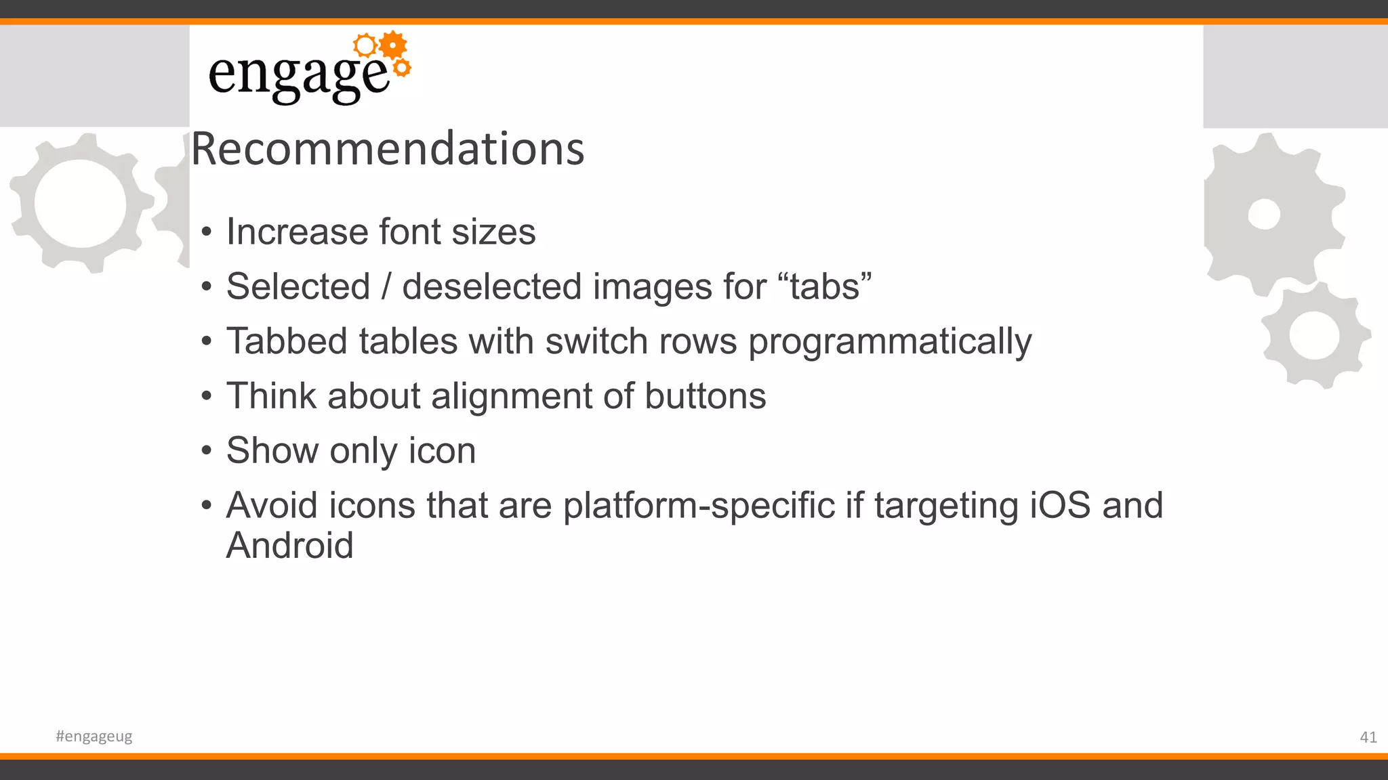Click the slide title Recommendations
point(388,148)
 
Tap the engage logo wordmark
point(298,76)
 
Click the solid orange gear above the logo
point(392,45)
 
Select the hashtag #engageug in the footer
point(94,736)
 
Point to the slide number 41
point(1368,737)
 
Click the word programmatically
point(890,341)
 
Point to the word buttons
point(705,396)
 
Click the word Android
point(289,546)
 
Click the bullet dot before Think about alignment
point(207,397)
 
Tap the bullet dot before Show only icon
point(207,452)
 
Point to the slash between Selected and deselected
point(386,286)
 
